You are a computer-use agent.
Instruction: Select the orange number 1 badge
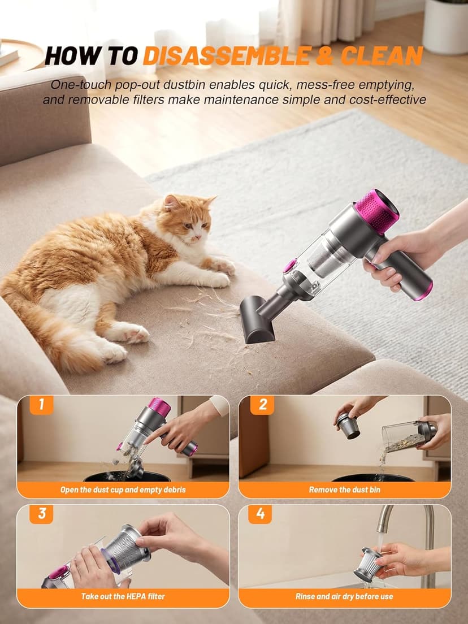pos(41,405)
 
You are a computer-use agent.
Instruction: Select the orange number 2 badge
pos(262,405)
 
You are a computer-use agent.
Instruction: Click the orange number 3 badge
pos(41,513)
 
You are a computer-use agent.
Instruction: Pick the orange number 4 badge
pos(260,513)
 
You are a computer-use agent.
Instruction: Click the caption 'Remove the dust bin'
pos(344,489)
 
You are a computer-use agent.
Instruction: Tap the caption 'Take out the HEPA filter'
pos(123,596)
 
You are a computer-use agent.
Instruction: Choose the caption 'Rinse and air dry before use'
pos(344,596)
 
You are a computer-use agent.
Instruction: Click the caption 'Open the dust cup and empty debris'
pos(123,489)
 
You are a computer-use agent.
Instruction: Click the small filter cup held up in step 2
pos(348,425)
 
